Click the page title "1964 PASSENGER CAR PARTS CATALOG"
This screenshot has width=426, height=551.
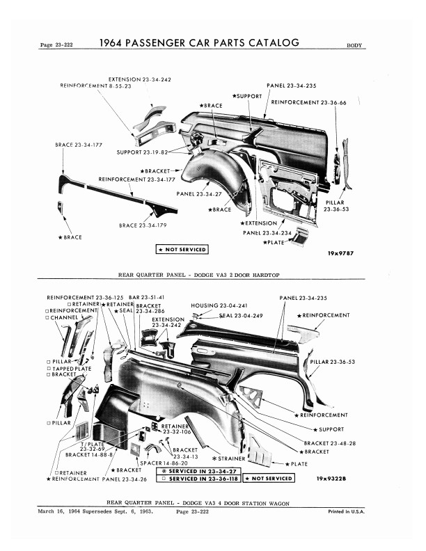(x=200, y=43)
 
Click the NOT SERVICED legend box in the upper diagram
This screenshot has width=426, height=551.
(x=182, y=248)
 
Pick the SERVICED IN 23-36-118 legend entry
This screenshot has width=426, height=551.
(x=198, y=479)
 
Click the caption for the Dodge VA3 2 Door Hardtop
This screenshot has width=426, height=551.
(x=199, y=275)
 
